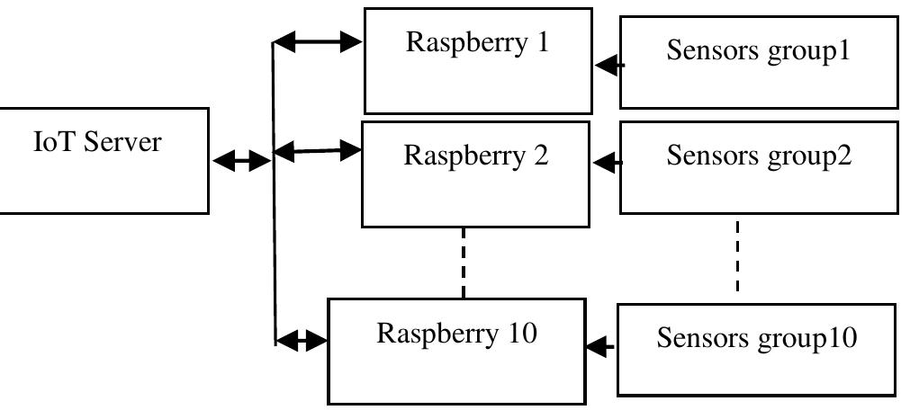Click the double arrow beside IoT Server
pyautogui.click(x=241, y=161)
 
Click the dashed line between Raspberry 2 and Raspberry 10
pyautogui.click(x=464, y=262)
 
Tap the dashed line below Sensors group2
pyautogui.click(x=737, y=255)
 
